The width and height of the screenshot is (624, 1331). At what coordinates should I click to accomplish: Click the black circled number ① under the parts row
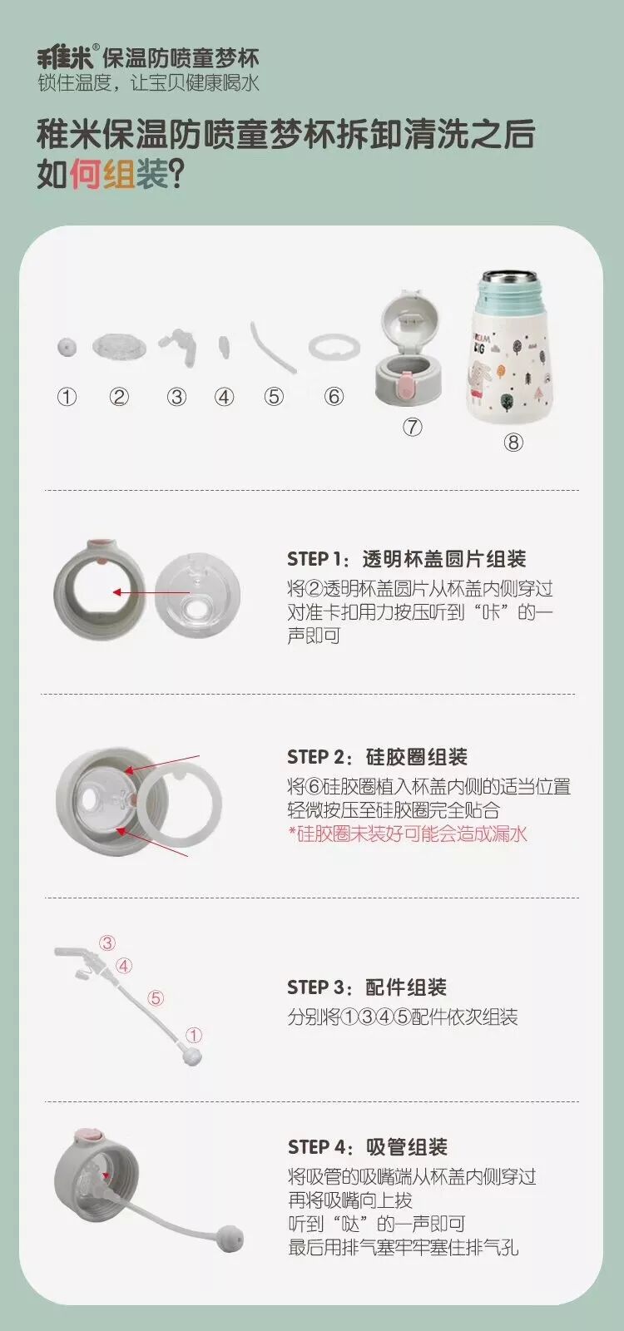(67, 396)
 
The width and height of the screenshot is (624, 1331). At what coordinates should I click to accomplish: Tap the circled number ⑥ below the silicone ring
(334, 396)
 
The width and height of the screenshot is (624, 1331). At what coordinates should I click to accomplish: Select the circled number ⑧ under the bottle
(513, 442)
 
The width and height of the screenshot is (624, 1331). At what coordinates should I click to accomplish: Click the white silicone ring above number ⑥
(334, 348)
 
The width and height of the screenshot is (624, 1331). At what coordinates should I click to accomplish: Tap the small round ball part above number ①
(67, 347)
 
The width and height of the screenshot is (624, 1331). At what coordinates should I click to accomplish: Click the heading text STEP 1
(315, 558)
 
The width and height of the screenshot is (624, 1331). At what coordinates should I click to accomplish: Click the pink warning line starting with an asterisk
(408, 834)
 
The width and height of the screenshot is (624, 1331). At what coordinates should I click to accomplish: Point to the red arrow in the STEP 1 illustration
(151, 592)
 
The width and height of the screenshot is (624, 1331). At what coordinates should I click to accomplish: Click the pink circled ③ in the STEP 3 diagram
(107, 943)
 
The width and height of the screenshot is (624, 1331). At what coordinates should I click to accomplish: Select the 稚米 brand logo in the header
(66, 57)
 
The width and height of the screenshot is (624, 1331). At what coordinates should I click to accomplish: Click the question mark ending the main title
(176, 174)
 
